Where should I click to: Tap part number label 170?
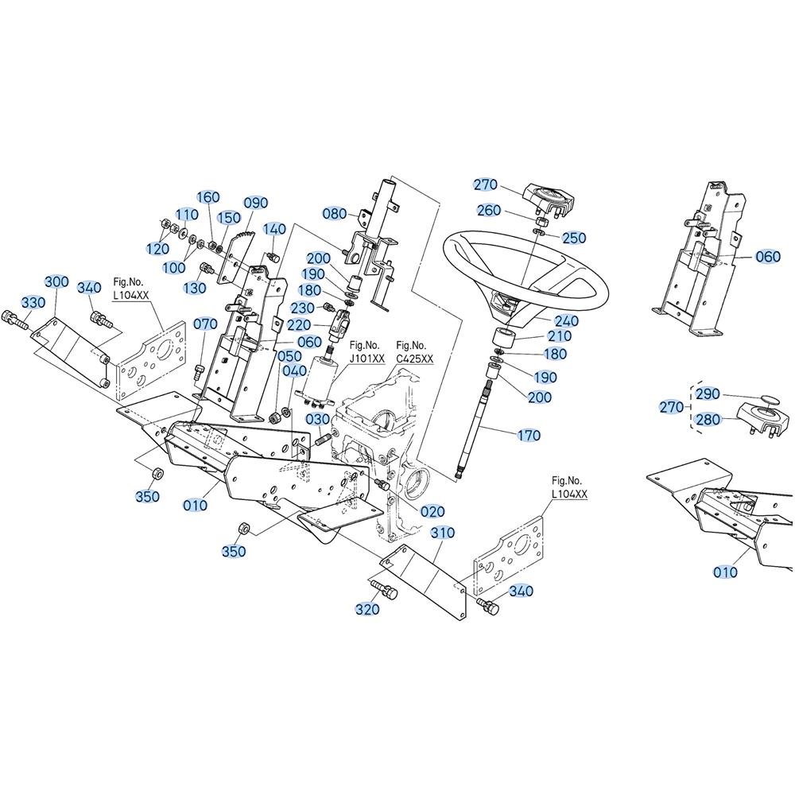529,435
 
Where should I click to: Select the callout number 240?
566,320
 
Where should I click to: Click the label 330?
33,303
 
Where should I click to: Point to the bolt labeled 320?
385,589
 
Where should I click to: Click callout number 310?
443,533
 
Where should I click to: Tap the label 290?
708,394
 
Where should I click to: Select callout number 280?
708,419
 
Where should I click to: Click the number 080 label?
335,213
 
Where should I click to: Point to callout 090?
255,203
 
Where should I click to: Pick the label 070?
205,324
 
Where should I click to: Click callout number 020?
432,511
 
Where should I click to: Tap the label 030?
317,419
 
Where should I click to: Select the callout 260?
489,210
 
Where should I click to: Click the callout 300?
56,281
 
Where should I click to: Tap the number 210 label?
559,336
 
